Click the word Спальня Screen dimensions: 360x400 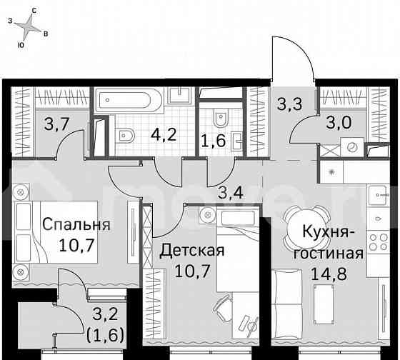pos(76,225)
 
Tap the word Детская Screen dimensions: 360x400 pos(191,251)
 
